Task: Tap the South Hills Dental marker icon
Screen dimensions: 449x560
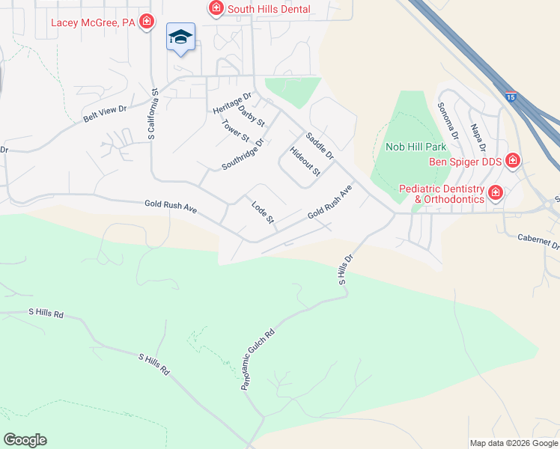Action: pyautogui.click(x=216, y=9)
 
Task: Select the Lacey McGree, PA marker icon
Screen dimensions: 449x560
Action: pyautogui.click(x=147, y=22)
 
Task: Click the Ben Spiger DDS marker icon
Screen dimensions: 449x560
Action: pyautogui.click(x=513, y=160)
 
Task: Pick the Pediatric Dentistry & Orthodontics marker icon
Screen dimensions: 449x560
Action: pyautogui.click(x=495, y=194)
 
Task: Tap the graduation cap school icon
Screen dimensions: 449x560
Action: pyautogui.click(x=180, y=37)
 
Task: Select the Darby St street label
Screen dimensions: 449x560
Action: pyautogui.click(x=252, y=114)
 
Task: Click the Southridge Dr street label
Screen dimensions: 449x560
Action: pyautogui.click(x=243, y=153)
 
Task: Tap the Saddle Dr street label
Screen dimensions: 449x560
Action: pyautogui.click(x=319, y=145)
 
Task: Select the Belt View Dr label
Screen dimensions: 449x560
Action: pyautogui.click(x=105, y=114)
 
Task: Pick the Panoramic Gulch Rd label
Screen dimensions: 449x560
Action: pyautogui.click(x=258, y=360)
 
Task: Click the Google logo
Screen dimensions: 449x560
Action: pyautogui.click(x=25, y=440)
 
